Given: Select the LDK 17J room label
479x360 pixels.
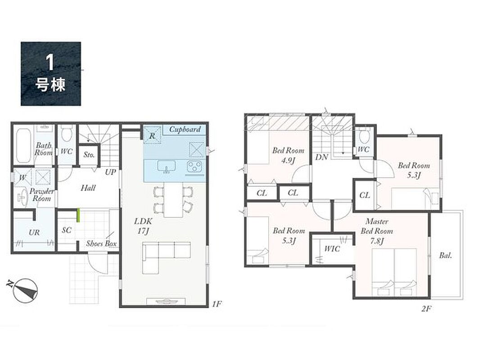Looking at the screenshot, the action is (143, 226).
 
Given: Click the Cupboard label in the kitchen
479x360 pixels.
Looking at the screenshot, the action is (185, 130).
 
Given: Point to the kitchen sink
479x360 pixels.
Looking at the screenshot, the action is (167, 167).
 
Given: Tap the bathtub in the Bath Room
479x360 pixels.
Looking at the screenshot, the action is (23, 145).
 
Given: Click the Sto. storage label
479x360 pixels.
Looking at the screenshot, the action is (89, 155).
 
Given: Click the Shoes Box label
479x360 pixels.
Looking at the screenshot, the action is (101, 243).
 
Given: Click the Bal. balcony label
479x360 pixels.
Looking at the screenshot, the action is (445, 256).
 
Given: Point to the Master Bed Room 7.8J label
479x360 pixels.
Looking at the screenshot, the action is (377, 231).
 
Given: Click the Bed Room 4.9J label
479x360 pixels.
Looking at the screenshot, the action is (288, 155).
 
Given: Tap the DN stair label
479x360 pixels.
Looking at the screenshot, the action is (321, 157).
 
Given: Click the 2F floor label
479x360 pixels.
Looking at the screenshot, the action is (426, 308).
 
